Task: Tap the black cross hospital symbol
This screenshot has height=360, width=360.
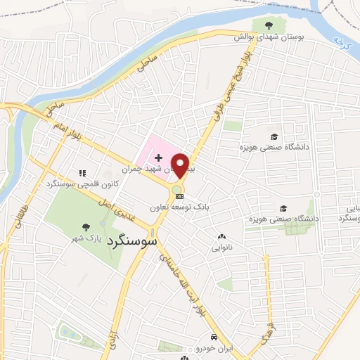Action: click(158, 149)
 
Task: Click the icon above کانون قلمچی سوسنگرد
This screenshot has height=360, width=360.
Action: click(82, 172)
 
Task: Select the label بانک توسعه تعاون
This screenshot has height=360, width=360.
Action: click(179, 207)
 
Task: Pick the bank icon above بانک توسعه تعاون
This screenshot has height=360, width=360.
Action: click(179, 197)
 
